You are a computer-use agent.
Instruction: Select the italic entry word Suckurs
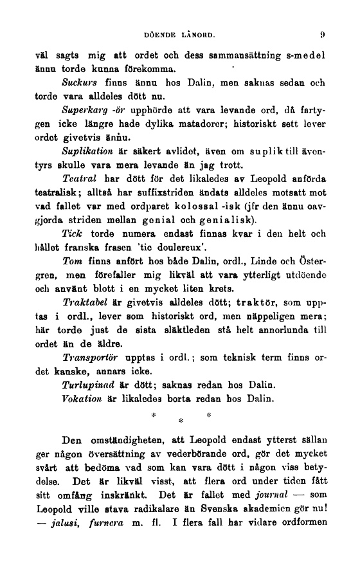tap(79, 83)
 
